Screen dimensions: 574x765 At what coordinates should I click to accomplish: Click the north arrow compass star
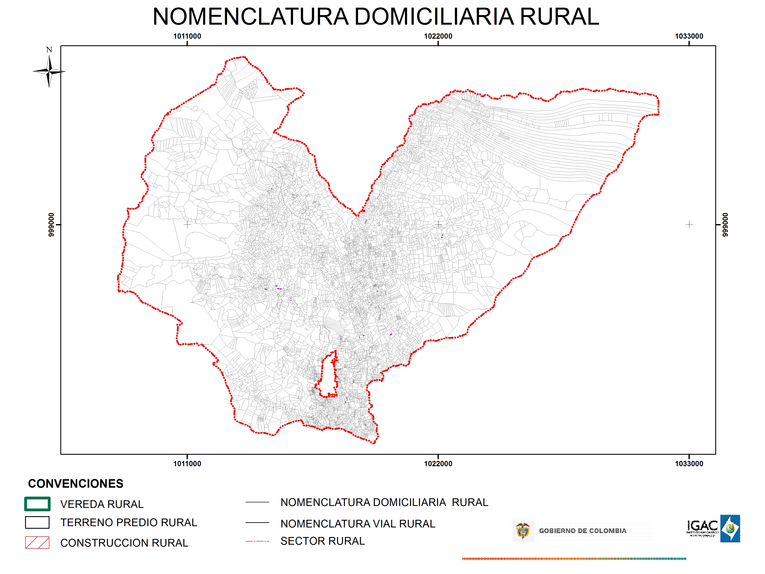(49, 71)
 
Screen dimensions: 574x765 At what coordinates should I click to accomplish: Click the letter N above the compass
(49, 50)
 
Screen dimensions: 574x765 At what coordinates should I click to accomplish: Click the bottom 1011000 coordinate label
(187, 464)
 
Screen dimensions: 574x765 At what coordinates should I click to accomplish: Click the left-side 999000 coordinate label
(51, 225)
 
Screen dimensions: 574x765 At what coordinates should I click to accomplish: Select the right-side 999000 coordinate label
(725, 225)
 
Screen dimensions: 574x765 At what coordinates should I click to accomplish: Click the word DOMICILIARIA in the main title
(434, 17)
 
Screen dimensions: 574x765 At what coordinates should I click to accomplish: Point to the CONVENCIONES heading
(75, 483)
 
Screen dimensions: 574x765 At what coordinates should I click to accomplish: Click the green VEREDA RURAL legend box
(37, 504)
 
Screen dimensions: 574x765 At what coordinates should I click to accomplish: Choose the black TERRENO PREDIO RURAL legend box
(37, 523)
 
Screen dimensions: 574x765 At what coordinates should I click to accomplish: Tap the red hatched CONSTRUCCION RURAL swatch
(37, 543)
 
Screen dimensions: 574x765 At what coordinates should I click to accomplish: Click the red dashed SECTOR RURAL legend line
(257, 541)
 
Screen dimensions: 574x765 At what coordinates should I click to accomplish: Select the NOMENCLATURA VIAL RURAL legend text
(358, 524)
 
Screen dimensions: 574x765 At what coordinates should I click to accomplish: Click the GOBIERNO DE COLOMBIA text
(582, 531)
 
